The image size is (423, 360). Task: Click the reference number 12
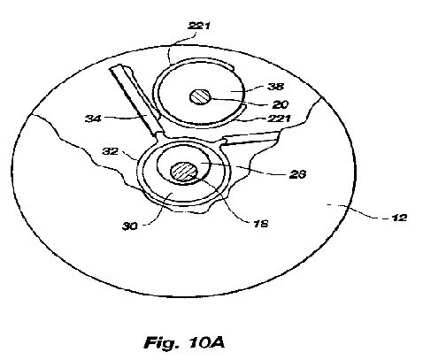(x=399, y=218)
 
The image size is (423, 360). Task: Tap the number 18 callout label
(x=260, y=224)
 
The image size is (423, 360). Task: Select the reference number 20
(x=280, y=104)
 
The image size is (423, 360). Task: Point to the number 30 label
(x=130, y=226)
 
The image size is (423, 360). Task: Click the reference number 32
(x=111, y=151)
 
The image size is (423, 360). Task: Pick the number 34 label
(x=93, y=119)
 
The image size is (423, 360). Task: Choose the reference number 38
(x=276, y=87)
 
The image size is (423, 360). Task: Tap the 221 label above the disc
(x=199, y=26)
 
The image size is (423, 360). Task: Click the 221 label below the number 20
(x=279, y=119)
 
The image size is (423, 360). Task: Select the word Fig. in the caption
(x=161, y=342)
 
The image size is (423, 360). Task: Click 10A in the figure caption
(x=205, y=342)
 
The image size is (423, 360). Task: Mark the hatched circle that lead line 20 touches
(x=200, y=97)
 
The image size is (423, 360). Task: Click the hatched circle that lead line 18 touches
(x=184, y=172)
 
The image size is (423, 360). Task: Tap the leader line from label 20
(x=239, y=101)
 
